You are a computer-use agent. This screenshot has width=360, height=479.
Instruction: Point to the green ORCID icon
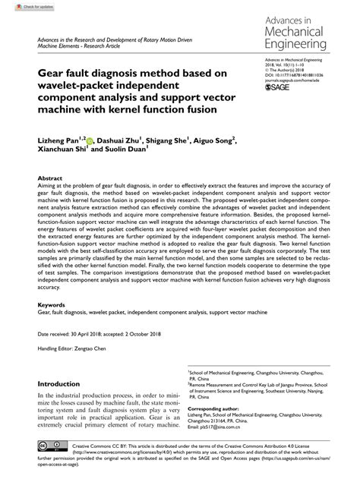(90, 141)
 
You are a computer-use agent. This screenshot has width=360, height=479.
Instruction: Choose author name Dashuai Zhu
(121, 140)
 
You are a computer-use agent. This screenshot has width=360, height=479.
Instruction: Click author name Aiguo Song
(214, 140)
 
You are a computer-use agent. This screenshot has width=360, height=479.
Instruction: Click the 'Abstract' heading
(51, 178)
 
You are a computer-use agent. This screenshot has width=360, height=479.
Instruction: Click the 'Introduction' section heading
(58, 383)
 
